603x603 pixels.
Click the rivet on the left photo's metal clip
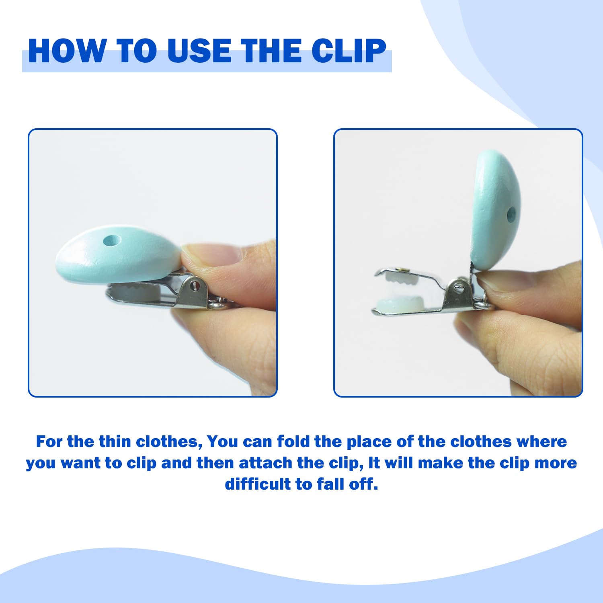(196, 285)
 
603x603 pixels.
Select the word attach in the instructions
(265, 463)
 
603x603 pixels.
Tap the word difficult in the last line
(258, 484)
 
